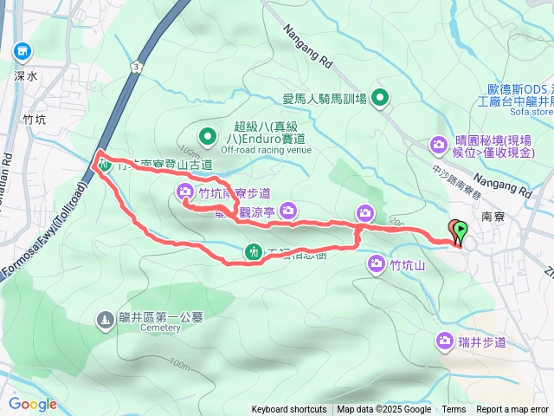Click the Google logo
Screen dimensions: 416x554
click(x=32, y=404)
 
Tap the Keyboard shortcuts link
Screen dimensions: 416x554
click(x=289, y=410)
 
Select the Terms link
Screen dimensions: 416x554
click(x=454, y=410)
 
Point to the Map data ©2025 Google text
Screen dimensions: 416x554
click(x=384, y=410)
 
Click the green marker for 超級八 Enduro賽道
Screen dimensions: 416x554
click(x=207, y=135)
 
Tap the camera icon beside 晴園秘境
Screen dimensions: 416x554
click(x=439, y=144)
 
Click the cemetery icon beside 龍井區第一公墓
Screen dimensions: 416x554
click(x=104, y=320)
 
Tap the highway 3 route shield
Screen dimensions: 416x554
click(x=136, y=66)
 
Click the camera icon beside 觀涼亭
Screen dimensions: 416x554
click(x=289, y=209)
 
